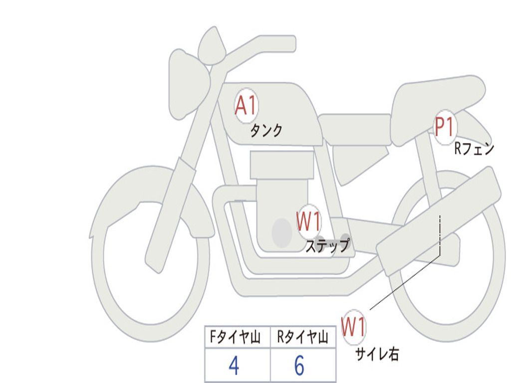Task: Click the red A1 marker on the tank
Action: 246,106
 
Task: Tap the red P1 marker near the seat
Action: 444,127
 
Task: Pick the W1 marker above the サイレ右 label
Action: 354,327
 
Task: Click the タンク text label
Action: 266,131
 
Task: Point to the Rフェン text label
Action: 474,149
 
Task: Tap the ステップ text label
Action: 327,246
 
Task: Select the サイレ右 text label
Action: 377,354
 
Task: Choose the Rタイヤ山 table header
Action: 303,338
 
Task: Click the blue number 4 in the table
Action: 234,367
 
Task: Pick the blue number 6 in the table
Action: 299,367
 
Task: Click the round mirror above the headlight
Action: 212,46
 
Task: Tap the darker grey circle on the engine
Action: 281,232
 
